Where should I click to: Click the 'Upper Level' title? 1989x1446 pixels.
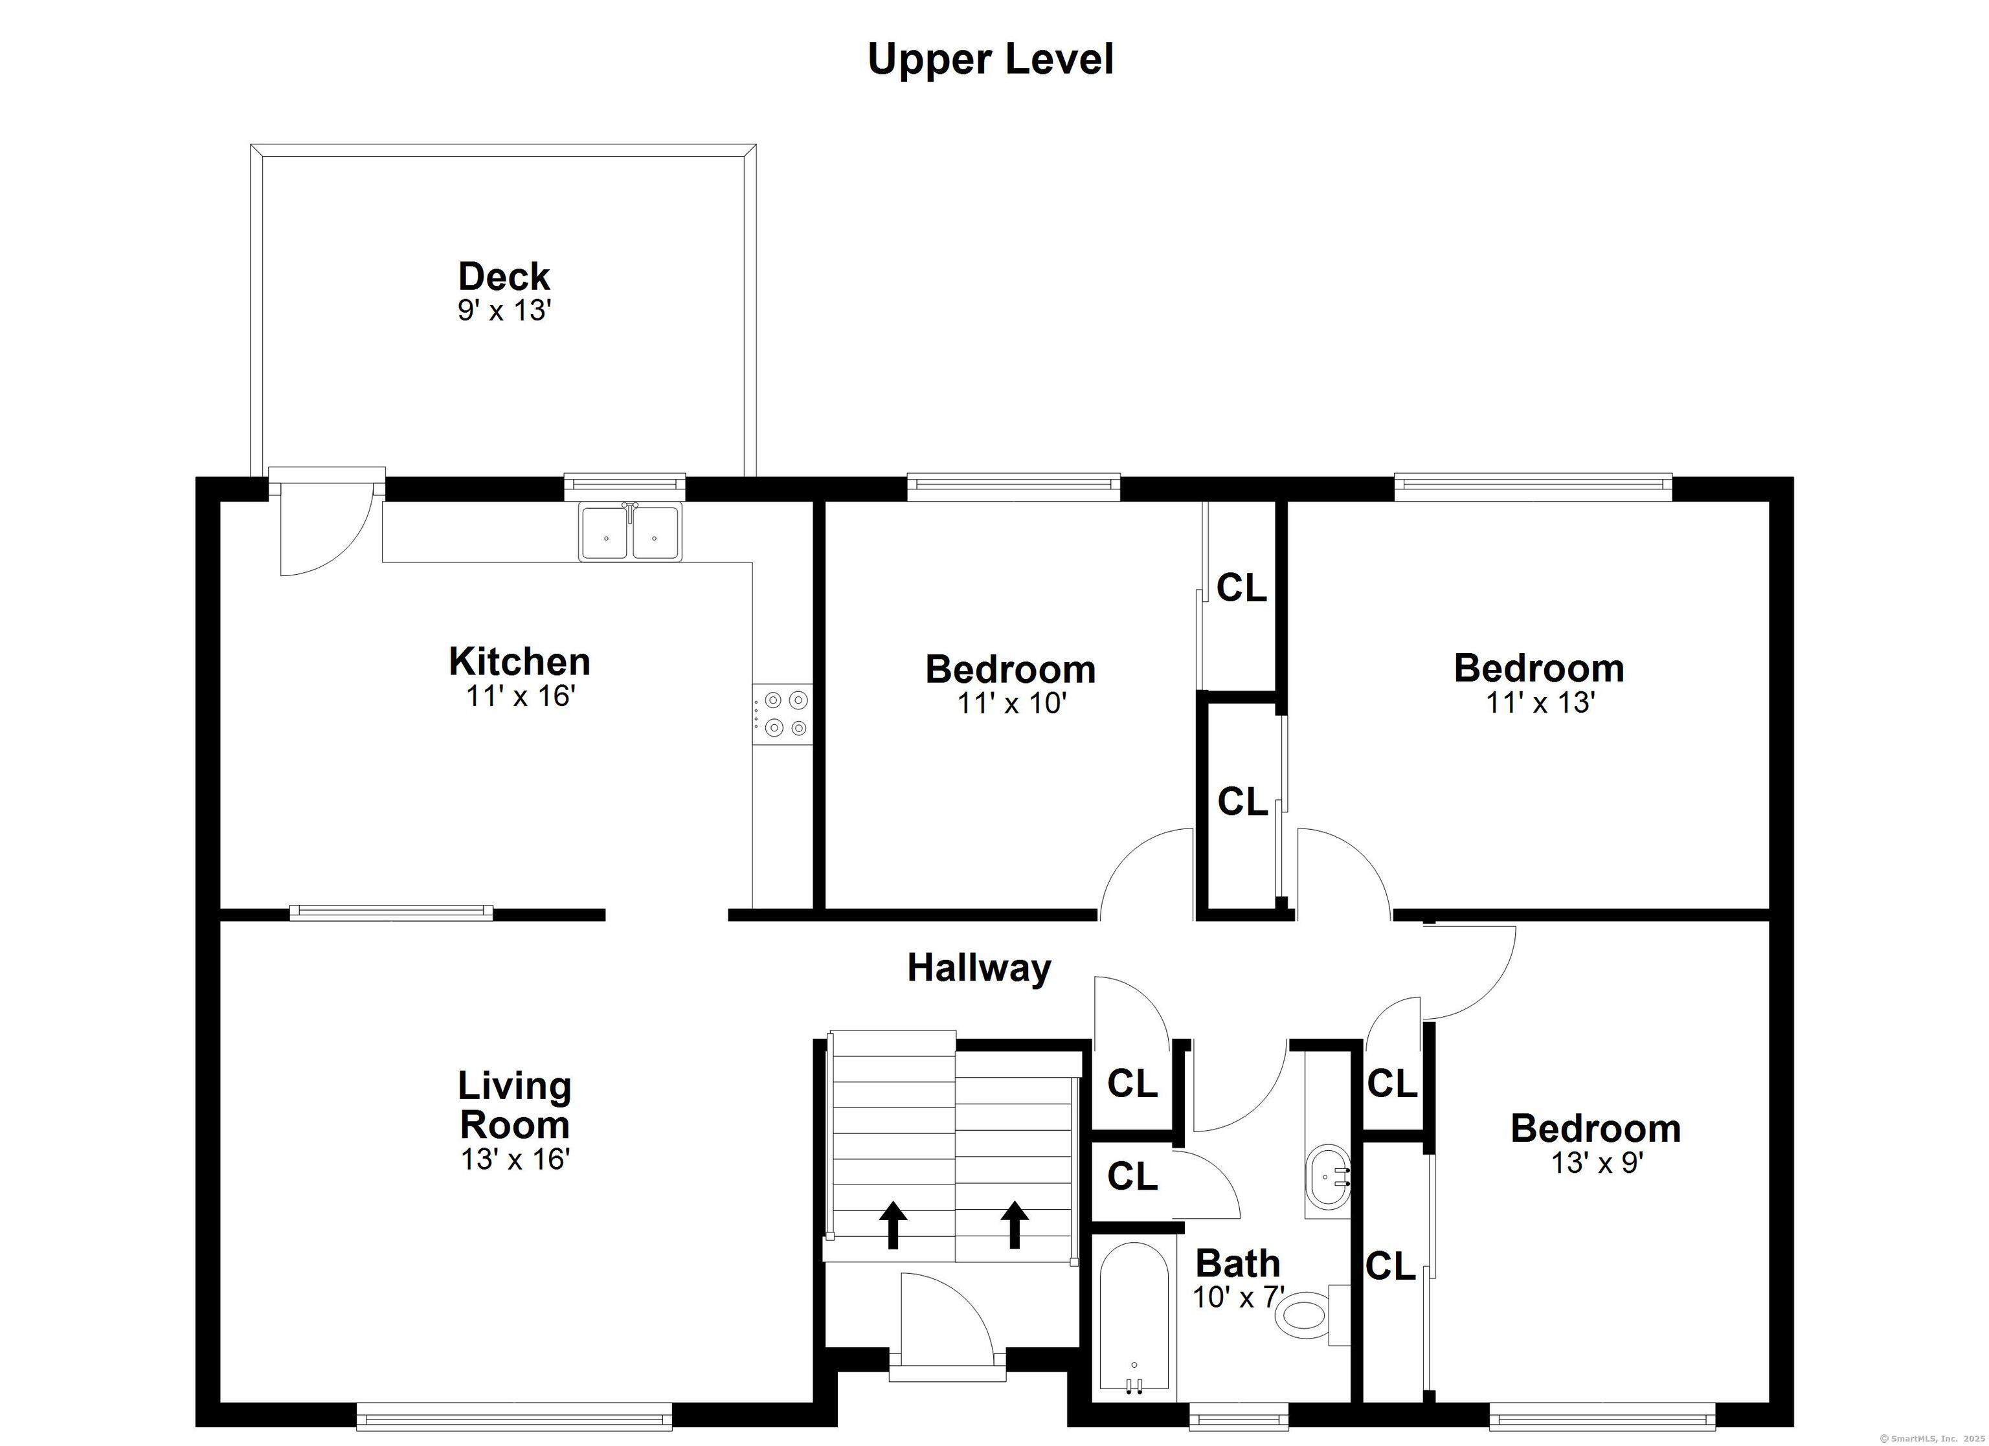click(x=990, y=60)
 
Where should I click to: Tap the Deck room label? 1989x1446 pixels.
click(x=504, y=276)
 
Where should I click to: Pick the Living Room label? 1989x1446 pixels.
click(x=515, y=1105)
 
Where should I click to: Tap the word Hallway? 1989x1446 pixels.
click(x=979, y=969)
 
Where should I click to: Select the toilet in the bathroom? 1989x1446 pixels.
click(x=1313, y=1315)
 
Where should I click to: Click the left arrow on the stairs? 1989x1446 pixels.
click(x=893, y=1224)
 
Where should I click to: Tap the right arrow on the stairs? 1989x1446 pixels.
click(x=1015, y=1224)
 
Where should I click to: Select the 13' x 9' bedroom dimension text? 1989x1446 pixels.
click(x=1596, y=1162)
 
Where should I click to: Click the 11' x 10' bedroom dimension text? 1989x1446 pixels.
click(x=1011, y=704)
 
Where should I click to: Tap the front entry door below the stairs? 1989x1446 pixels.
click(x=947, y=1333)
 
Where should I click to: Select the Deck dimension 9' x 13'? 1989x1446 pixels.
click(x=504, y=311)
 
